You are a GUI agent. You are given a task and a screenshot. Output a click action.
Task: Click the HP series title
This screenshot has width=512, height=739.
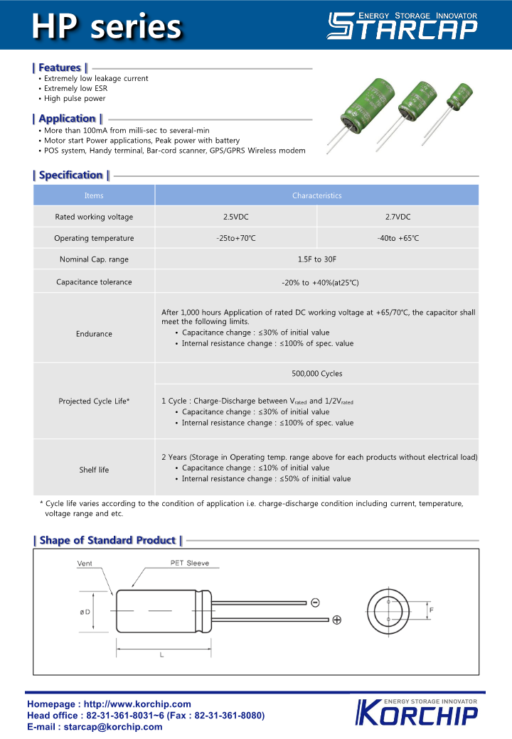click(107, 26)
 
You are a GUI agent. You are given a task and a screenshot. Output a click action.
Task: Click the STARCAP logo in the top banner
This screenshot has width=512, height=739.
click(402, 26)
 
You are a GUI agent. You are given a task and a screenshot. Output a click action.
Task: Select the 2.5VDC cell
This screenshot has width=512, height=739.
click(235, 217)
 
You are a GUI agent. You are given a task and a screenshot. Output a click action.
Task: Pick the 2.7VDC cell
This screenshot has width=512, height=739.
click(398, 217)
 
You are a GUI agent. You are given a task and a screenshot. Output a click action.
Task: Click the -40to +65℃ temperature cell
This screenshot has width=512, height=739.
click(398, 238)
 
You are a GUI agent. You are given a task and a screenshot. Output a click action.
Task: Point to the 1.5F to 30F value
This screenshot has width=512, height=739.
click(316, 259)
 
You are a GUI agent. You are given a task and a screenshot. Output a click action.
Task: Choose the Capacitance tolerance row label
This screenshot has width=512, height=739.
click(94, 282)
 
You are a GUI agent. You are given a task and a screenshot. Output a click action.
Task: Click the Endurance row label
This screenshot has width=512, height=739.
click(94, 334)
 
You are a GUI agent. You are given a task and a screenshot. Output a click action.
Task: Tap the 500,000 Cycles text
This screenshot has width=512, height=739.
click(316, 374)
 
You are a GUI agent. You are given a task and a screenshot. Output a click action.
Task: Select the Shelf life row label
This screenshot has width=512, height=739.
click(94, 470)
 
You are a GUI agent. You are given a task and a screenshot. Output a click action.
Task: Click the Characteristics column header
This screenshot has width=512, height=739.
click(316, 195)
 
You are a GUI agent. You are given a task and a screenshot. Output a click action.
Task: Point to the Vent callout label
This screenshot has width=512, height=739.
click(85, 564)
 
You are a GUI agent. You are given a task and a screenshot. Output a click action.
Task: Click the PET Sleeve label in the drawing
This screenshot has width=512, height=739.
click(189, 563)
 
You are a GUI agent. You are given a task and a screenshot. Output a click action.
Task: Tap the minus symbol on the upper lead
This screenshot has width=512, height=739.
click(315, 603)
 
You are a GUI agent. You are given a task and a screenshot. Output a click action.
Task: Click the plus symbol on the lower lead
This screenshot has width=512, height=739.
click(336, 620)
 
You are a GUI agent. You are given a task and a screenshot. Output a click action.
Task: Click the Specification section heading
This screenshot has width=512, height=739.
click(71, 175)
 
